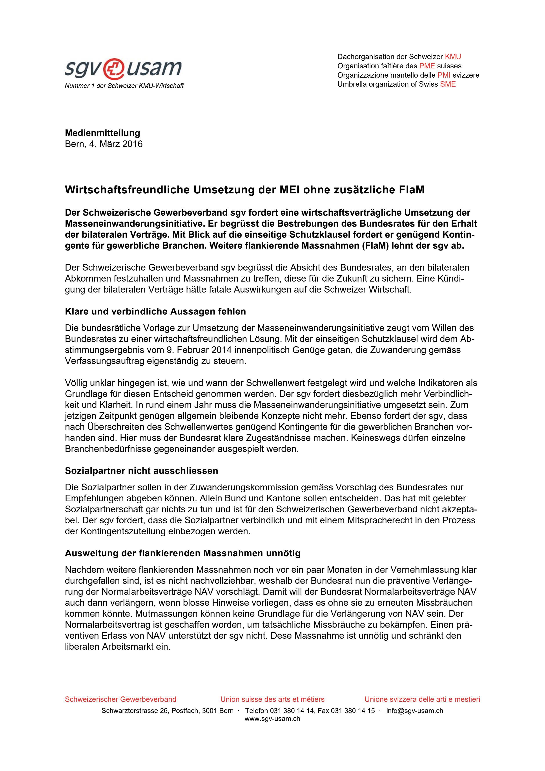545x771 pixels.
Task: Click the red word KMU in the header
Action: tap(453, 57)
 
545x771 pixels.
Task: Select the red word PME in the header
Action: tap(427, 66)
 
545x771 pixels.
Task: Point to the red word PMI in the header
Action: tap(444, 75)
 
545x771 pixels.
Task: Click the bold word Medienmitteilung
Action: tap(102, 133)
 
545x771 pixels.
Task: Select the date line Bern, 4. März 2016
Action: tap(104, 144)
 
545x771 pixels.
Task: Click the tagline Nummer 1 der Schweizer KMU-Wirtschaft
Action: tap(124, 86)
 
